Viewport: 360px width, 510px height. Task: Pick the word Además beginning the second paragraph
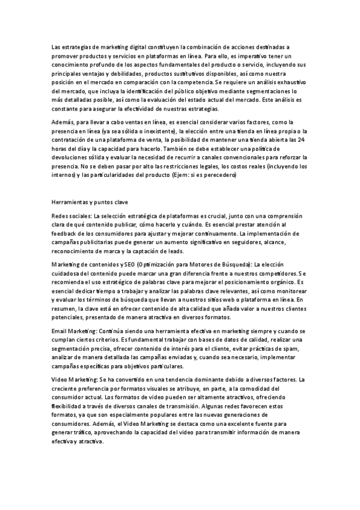pos(63,121)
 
